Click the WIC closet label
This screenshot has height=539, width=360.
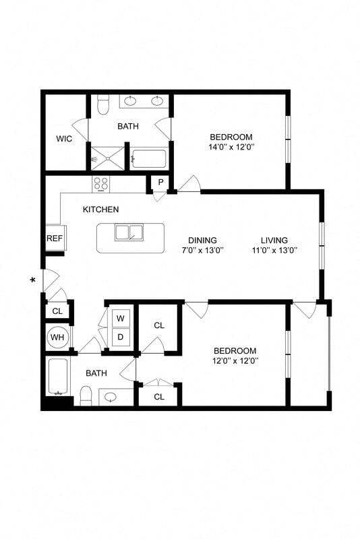click(x=64, y=139)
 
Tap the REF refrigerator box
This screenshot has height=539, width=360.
click(x=55, y=239)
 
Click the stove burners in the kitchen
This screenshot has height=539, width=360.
click(x=101, y=183)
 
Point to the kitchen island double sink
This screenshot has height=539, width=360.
click(x=131, y=232)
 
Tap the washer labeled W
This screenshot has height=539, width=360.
click(x=122, y=318)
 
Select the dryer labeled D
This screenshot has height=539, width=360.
click(x=122, y=336)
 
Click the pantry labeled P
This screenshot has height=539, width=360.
click(x=161, y=183)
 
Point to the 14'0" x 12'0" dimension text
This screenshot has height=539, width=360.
click(x=231, y=146)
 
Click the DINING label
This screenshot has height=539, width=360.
click(x=202, y=240)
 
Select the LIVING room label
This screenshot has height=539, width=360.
click(x=274, y=240)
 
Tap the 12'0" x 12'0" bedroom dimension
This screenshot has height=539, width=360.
click(x=235, y=361)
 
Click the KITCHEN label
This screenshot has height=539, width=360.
click(x=101, y=210)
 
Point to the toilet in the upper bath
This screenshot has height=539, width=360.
click(x=103, y=105)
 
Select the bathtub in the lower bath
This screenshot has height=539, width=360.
click(x=57, y=377)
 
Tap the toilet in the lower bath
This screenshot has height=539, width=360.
click(x=86, y=395)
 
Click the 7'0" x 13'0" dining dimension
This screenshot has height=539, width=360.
click(x=202, y=250)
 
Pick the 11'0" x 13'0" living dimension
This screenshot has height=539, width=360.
click(x=274, y=250)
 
